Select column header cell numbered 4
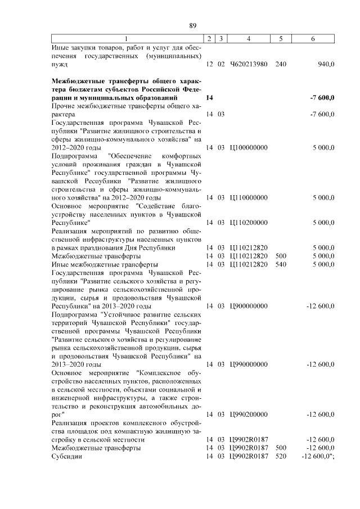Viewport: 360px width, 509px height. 248,39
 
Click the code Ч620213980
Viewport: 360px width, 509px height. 248,65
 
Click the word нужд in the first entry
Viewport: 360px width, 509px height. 59,65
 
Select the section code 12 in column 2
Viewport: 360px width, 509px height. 210,65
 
